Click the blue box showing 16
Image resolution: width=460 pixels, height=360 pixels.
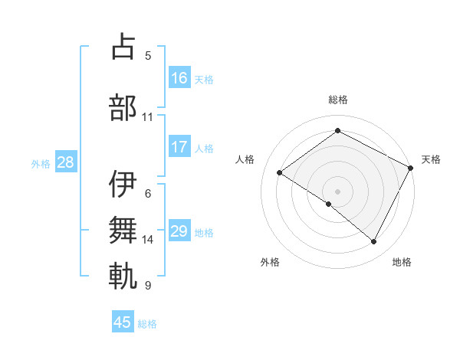click(x=179, y=77)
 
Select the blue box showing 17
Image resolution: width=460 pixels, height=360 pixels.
click(x=179, y=147)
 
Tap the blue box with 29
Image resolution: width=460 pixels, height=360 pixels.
click(x=179, y=231)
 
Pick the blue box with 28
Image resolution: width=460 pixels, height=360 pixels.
click(x=65, y=162)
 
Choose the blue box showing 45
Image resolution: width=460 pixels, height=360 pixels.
click(x=123, y=322)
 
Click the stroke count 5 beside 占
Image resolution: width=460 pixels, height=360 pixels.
click(x=148, y=55)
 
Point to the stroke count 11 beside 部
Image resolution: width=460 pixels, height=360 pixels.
click(x=148, y=117)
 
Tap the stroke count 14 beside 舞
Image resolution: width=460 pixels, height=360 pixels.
click(x=148, y=240)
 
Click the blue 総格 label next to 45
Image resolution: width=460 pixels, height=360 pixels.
click(x=148, y=324)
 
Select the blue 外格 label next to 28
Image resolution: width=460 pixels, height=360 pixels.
click(x=41, y=163)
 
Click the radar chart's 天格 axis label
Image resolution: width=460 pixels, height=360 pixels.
click(x=431, y=159)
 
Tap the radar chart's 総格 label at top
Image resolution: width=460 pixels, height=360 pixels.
click(x=337, y=100)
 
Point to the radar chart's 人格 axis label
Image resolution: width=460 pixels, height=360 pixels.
click(x=245, y=159)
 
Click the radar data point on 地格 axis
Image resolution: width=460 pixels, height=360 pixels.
click(x=374, y=242)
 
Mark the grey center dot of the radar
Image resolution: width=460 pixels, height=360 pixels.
click(x=337, y=191)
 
